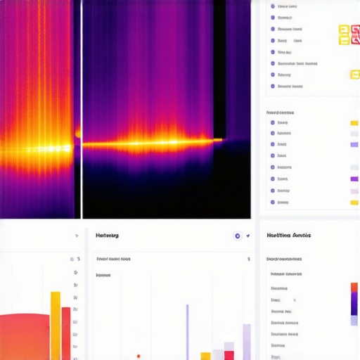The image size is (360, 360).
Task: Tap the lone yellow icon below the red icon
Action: click(x=354, y=75)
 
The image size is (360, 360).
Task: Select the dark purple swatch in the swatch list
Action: click(x=354, y=179)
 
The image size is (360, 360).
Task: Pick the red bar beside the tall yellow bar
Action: click(x=66, y=333)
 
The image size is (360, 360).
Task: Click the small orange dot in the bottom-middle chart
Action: click(x=139, y=356)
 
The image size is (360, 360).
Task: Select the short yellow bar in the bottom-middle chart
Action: click(x=205, y=356)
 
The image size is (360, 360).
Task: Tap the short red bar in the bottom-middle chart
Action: click(x=229, y=355)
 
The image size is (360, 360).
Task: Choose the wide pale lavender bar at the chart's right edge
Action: click(x=247, y=342)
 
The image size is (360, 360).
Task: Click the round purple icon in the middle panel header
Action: click(x=238, y=236)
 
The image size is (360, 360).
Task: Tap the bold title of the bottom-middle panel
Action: click(x=107, y=235)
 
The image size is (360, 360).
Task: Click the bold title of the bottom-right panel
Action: click(x=288, y=235)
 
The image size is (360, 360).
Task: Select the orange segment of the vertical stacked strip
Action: click(x=354, y=287)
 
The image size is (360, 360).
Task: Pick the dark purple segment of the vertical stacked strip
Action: click(x=354, y=303)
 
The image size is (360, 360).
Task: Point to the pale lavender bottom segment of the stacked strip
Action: click(x=354, y=320)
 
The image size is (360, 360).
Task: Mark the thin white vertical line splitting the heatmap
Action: click(x=82, y=109)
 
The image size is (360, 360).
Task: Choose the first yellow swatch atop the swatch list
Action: click(x=354, y=122)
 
